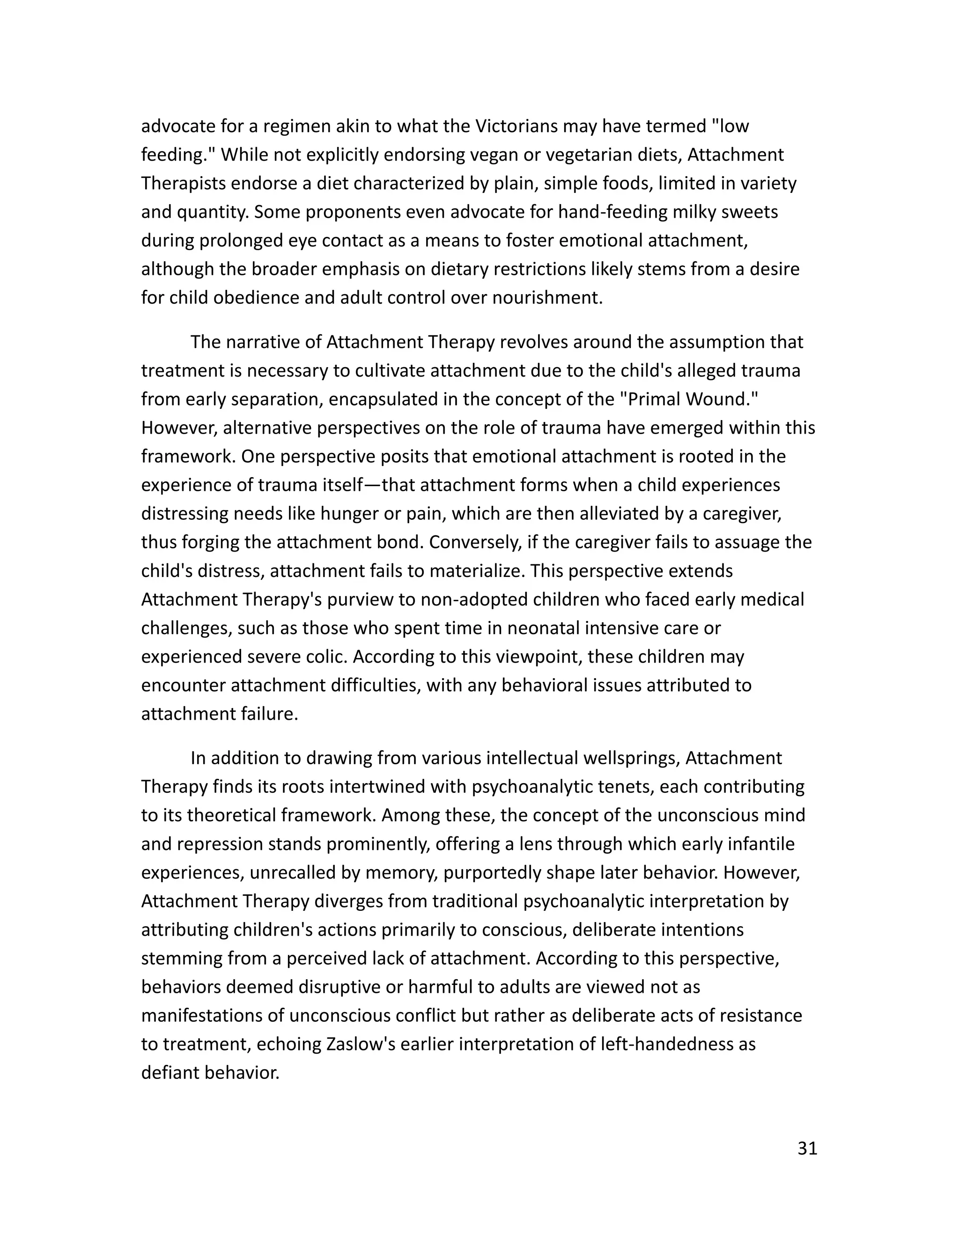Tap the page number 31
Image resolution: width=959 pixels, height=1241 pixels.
click(807, 1148)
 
